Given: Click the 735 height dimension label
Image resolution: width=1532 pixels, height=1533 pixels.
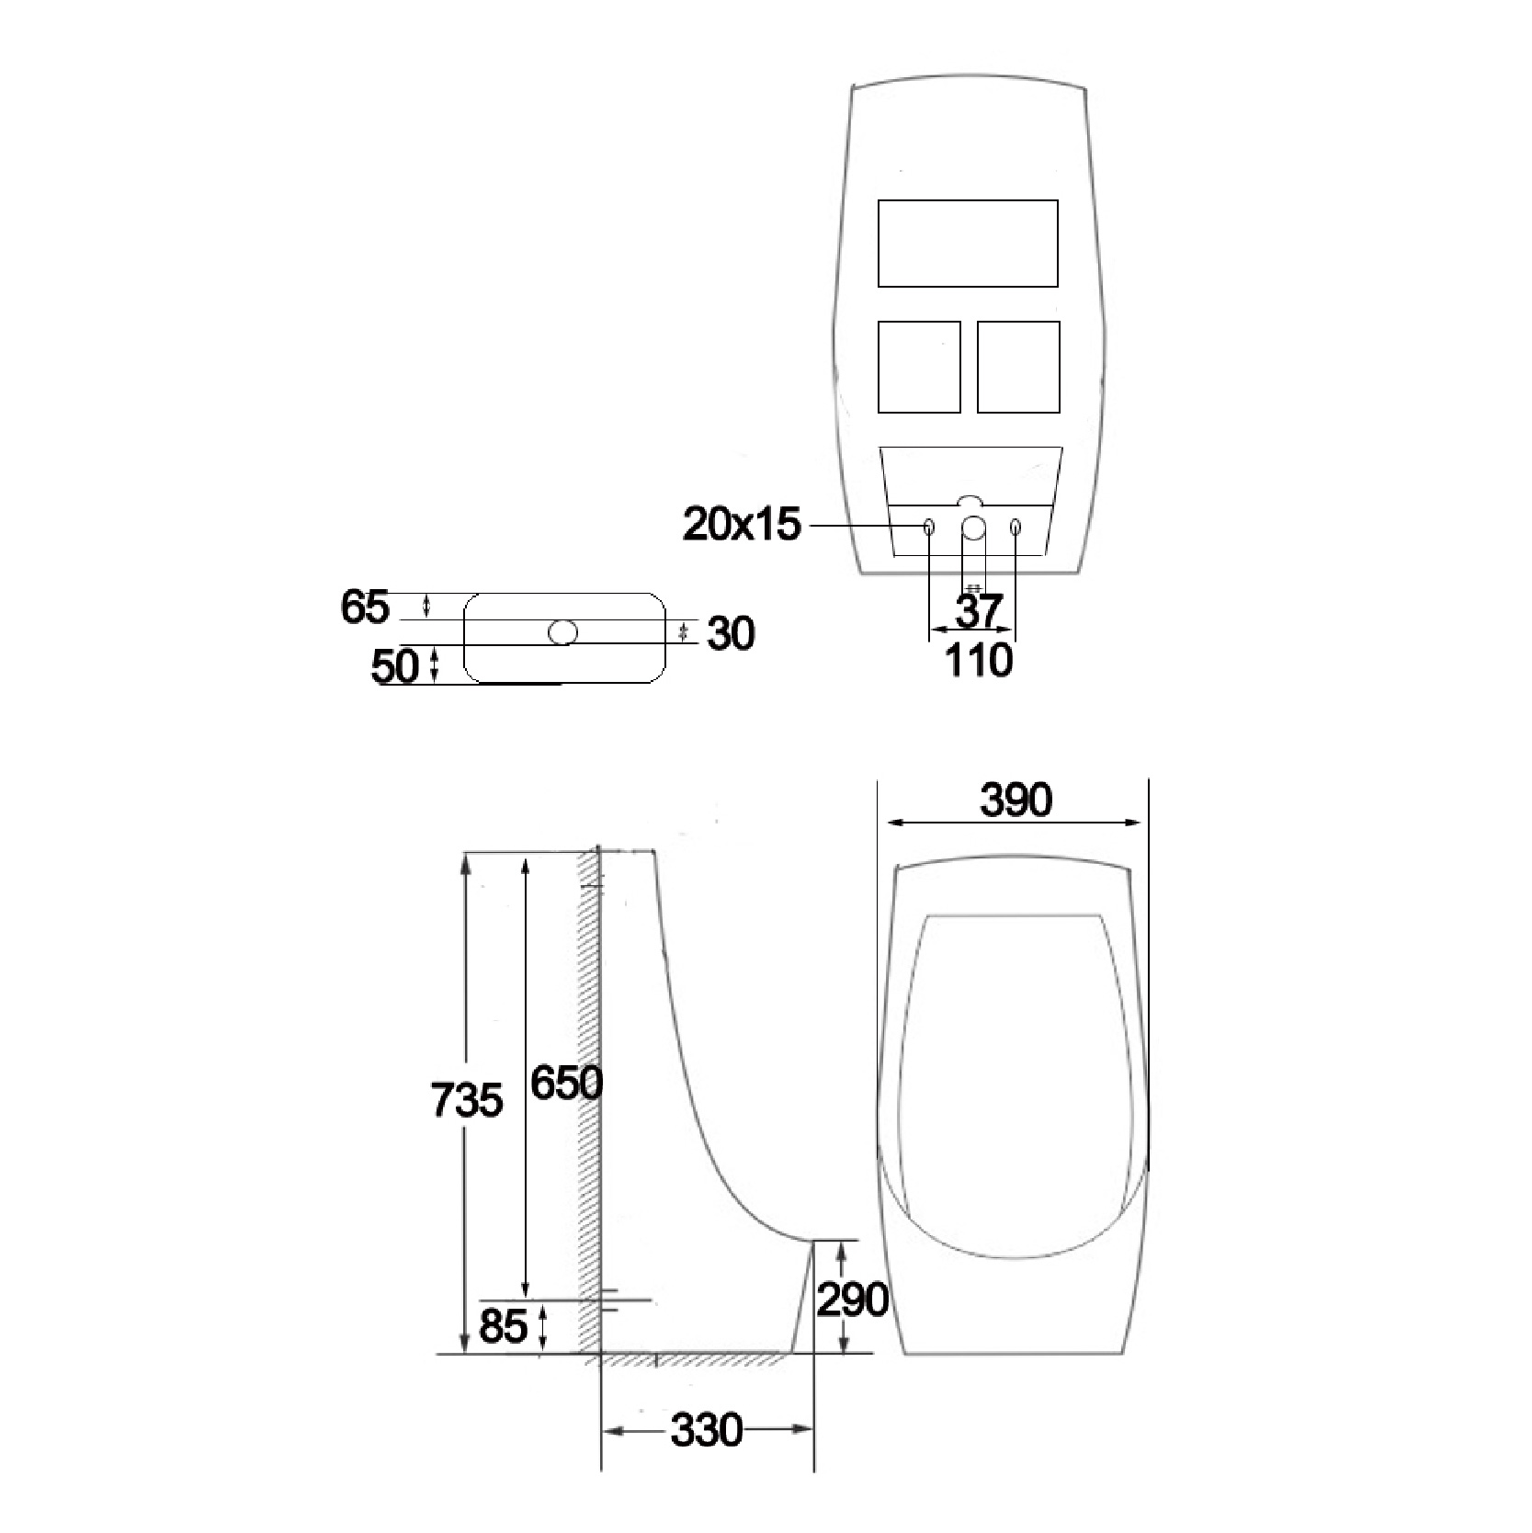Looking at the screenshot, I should (x=467, y=1100).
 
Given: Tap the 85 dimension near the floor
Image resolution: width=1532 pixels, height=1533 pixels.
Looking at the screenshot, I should (x=503, y=1326).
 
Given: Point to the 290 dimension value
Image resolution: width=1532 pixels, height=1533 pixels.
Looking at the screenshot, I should (x=852, y=1299).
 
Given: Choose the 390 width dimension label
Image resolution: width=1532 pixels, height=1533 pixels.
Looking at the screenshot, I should (x=1016, y=801).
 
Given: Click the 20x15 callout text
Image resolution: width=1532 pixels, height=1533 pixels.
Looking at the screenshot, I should (x=742, y=526).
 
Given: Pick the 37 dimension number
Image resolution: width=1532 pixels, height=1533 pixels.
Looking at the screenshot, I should (x=978, y=611).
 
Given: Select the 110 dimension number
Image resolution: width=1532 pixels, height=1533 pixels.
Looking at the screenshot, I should (x=979, y=660).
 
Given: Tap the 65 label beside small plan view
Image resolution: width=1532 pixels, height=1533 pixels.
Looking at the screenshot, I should (x=365, y=608).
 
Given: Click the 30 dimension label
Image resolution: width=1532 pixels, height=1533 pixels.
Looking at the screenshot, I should (x=732, y=634).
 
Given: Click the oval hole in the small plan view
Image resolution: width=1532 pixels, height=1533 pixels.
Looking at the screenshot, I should (x=562, y=632).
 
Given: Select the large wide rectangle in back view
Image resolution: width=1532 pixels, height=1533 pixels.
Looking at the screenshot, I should (x=968, y=244).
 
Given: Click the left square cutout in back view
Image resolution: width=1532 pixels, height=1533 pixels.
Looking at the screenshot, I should (x=919, y=367).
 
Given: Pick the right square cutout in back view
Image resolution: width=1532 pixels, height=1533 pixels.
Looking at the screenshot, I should (x=1018, y=367).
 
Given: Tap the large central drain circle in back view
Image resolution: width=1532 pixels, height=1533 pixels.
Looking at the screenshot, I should (x=973, y=528).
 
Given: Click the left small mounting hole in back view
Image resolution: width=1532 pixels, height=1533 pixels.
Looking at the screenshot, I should (x=928, y=528).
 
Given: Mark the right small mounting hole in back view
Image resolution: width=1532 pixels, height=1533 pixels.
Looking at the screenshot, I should (x=1016, y=528).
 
